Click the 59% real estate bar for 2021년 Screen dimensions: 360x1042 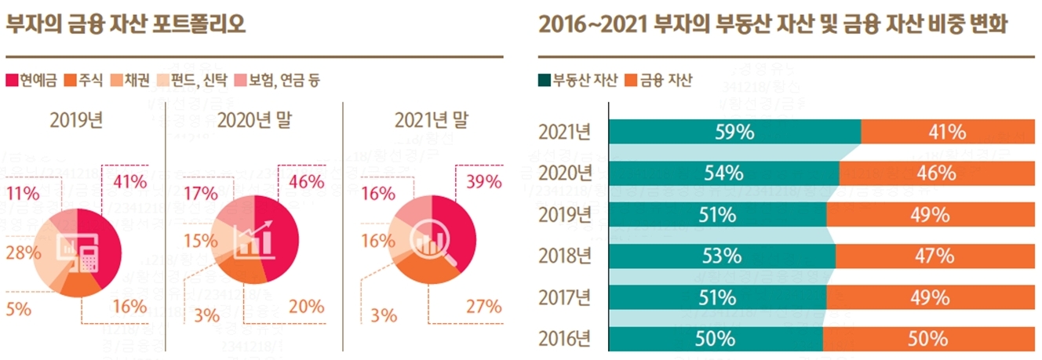(x=734, y=132)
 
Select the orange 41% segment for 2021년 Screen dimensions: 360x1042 (x=948, y=132)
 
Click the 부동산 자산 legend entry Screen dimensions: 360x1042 (x=577, y=80)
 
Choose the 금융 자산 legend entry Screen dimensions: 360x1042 (x=658, y=80)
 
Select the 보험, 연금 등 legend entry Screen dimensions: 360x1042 (x=279, y=80)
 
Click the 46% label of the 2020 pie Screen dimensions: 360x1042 (x=306, y=182)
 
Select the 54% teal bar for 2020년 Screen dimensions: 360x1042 (x=723, y=173)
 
